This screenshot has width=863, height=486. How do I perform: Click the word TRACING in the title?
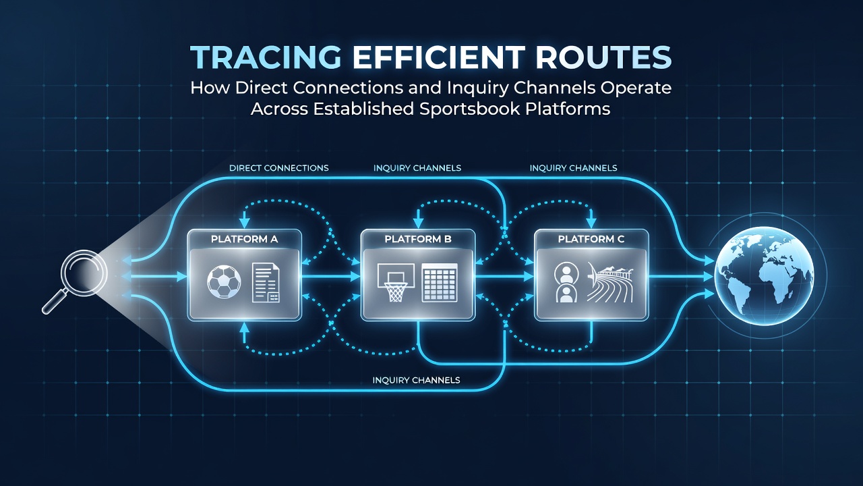pos(266,57)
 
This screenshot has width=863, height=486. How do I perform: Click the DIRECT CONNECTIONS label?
pos(279,168)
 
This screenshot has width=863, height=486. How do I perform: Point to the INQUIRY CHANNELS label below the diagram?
pos(416,380)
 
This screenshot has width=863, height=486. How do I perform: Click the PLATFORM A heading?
pos(244,239)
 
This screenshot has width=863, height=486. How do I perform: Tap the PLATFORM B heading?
pos(417,239)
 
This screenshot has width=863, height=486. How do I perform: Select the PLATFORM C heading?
pos(591,239)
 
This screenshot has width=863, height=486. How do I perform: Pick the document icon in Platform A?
pos(266,282)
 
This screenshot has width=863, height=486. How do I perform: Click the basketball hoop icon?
pos(396,282)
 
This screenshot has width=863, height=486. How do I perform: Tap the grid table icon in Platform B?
pos(440,282)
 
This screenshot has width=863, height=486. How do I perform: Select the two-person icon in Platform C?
pos(566,282)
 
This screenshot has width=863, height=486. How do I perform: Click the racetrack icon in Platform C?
pos(610,283)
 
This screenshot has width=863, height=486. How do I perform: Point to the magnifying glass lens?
pos(84,273)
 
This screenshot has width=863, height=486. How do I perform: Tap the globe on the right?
pos(765,276)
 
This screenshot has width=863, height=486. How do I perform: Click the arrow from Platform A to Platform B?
pos(330,276)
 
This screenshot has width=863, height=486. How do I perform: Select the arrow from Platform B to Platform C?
pos(504,276)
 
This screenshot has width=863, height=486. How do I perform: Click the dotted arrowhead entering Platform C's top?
pos(591,223)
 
